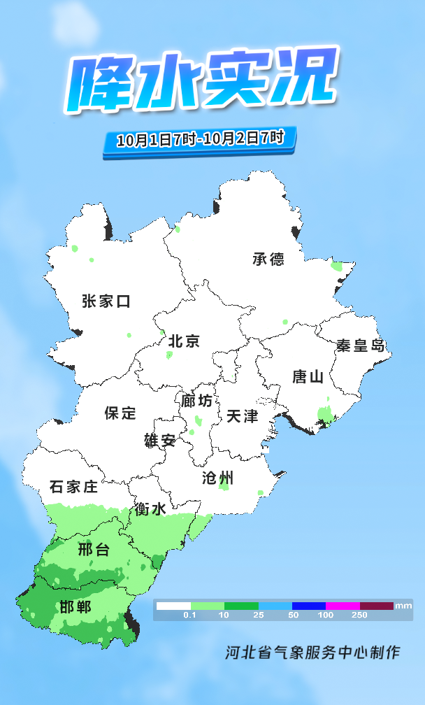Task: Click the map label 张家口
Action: tap(106, 301)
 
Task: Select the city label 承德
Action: tap(268, 259)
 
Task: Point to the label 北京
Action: tap(185, 341)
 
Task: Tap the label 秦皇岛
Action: tap(361, 346)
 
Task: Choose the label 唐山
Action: tap(308, 377)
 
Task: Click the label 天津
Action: tap(242, 416)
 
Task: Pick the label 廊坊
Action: tap(196, 401)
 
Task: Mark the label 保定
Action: tap(120, 413)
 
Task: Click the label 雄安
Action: tap(160, 441)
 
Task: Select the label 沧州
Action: tap(217, 478)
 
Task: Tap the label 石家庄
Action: tap(73, 487)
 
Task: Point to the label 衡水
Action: tap(151, 509)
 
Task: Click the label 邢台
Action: tap(94, 550)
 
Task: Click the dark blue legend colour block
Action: tap(309, 606)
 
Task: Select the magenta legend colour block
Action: tap(343, 606)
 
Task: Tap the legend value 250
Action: tap(359, 615)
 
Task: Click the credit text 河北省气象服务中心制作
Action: tap(312, 653)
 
